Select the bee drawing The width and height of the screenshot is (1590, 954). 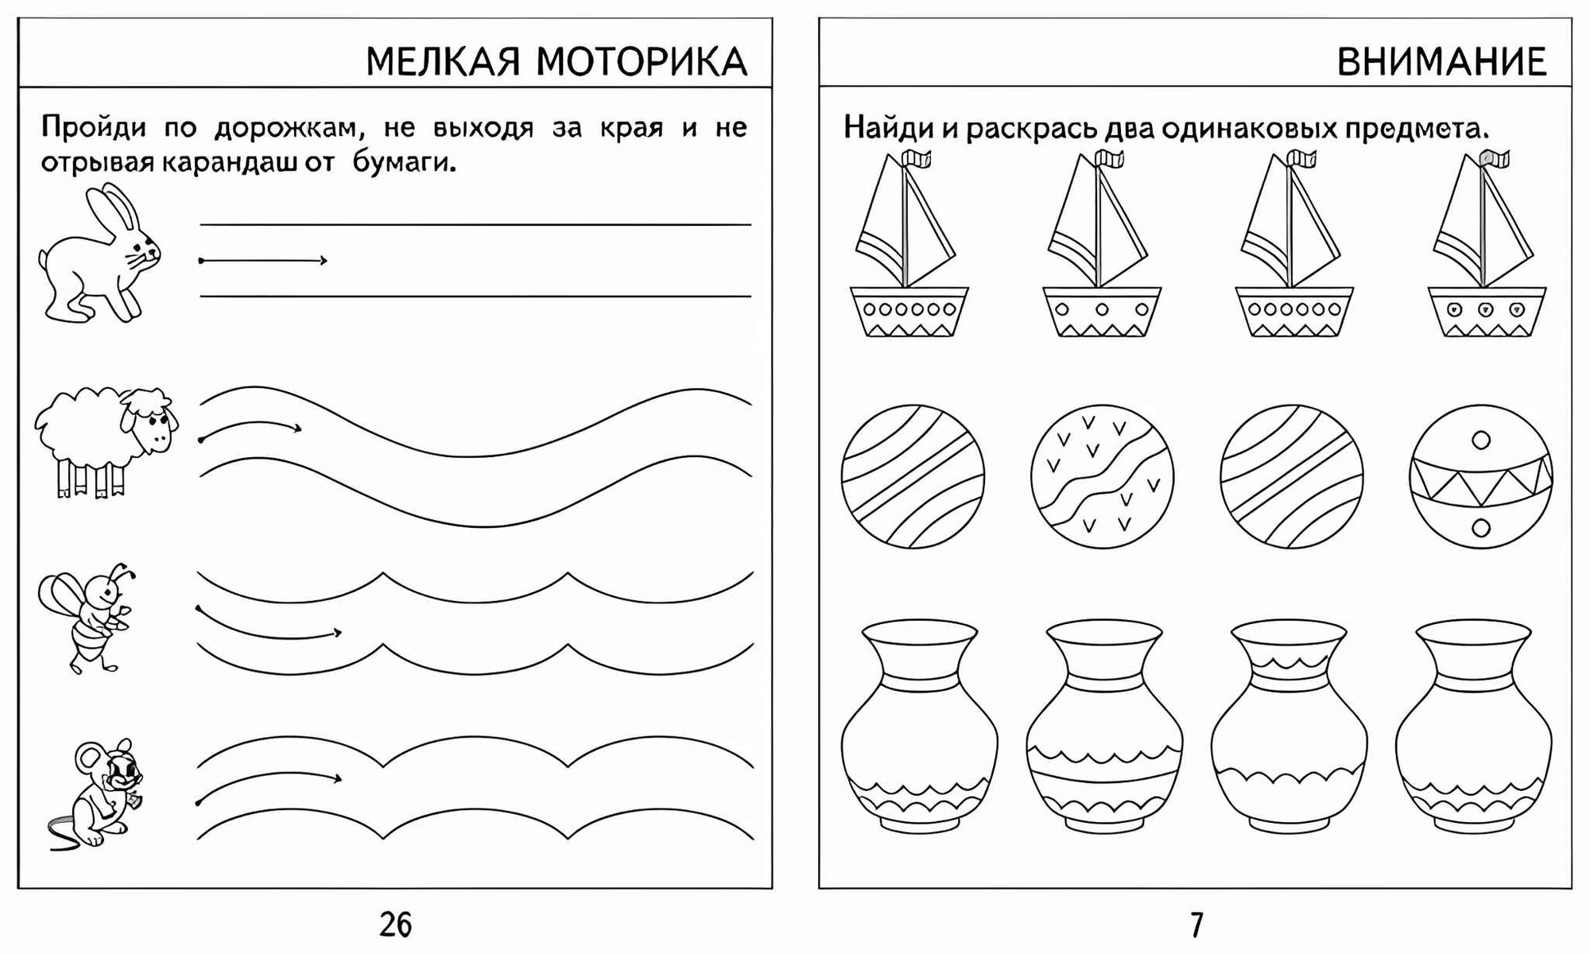point(87,616)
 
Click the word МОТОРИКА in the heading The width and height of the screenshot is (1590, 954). point(641,62)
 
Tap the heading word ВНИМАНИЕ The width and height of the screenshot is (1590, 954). point(1441,62)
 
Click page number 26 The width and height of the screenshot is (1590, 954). point(395,925)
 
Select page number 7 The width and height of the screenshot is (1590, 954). point(1196,925)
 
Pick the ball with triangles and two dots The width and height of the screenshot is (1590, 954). point(1480,477)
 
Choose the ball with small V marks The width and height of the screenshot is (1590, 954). point(1102,477)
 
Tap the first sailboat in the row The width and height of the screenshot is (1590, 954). point(909,246)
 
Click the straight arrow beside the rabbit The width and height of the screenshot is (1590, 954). point(262,260)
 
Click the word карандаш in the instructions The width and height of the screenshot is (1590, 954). point(227,163)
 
